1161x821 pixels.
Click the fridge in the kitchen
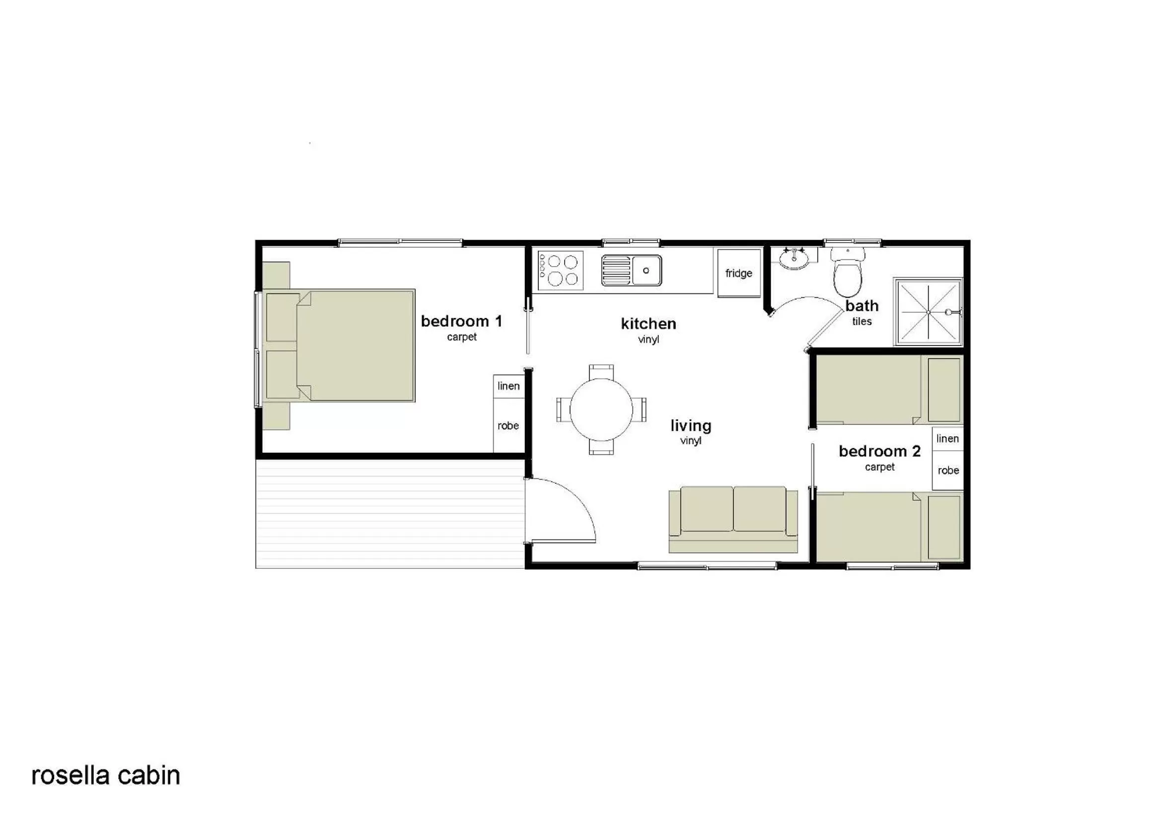[739, 273]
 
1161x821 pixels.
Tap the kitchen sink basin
[646, 271]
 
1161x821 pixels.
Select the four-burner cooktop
[560, 271]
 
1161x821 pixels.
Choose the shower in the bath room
[929, 312]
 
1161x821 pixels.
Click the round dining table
[601, 410]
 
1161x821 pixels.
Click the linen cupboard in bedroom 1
[508, 386]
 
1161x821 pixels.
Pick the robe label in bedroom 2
[948, 471]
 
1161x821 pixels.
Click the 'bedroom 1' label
[462, 322]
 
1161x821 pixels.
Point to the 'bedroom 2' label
[879, 451]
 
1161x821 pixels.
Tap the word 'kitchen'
[648, 324]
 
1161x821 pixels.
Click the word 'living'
[691, 426]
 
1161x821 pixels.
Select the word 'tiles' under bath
[862, 322]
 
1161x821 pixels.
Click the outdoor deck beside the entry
[389, 513]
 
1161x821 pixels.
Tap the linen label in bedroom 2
[947, 439]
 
